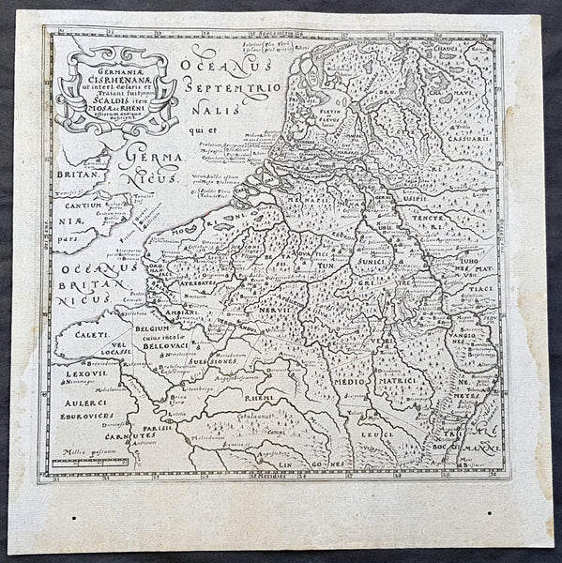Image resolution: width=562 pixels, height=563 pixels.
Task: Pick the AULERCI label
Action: point(76,403)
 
